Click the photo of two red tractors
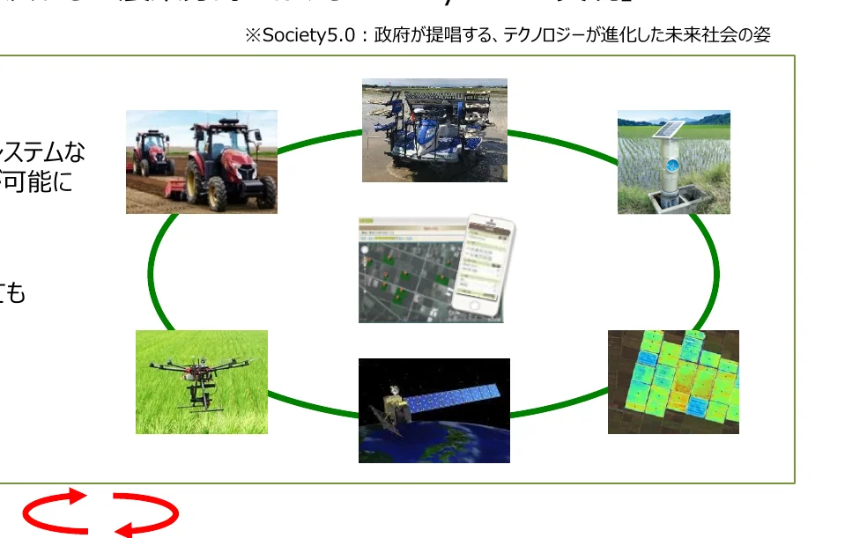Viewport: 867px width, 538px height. coord(202,161)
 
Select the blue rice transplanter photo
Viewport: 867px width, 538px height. coord(434,130)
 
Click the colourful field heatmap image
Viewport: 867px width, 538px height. coord(673,381)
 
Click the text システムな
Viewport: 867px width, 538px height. coord(44,152)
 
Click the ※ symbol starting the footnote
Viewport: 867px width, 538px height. coord(253,35)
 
